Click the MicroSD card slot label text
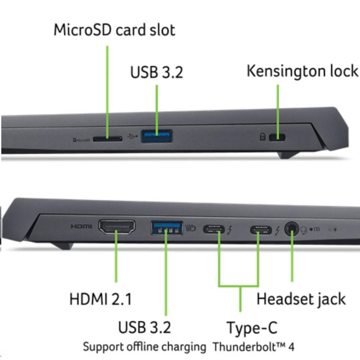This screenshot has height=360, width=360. pos(114,31)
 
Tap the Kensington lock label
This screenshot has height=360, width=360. pos(302,71)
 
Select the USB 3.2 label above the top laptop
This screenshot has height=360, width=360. pos(157,72)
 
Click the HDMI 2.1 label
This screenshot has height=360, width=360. pos(101,299)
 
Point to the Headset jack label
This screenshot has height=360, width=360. pos(301,299)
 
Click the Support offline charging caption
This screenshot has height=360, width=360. pos(144,347)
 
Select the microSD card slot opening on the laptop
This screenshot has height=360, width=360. pos(107,139)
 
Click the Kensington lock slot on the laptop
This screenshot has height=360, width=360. pos(277,137)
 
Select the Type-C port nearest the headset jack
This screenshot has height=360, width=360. pos(261,230)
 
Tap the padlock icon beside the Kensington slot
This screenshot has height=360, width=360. pos(263,137)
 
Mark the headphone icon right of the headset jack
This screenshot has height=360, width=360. pos(304,230)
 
